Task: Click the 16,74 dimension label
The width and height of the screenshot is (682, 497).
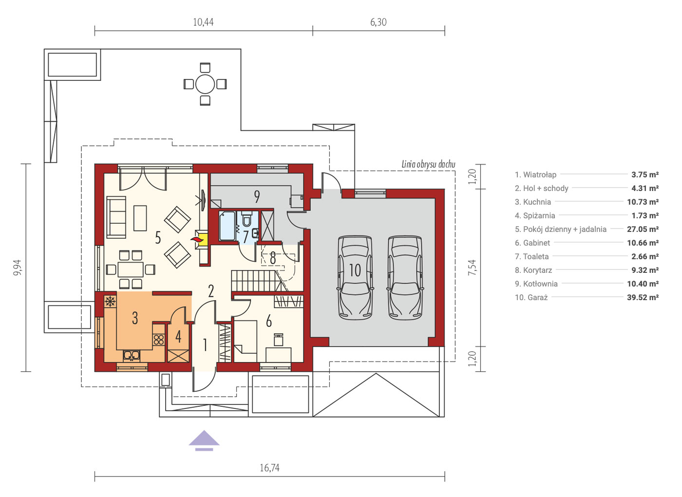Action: pos(269,467)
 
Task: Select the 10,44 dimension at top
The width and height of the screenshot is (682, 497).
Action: pos(203,22)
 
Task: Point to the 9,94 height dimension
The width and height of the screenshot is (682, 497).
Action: pos(18,268)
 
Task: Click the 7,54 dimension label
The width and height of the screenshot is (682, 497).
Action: pos(472,268)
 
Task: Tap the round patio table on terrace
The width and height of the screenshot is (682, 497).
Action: pos(205,84)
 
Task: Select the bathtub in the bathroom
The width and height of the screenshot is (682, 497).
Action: pos(227,226)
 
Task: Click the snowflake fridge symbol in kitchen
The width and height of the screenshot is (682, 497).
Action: pos(110,302)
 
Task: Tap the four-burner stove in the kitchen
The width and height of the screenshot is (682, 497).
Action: pos(159,340)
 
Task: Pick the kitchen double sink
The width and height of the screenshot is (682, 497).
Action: pos(132,355)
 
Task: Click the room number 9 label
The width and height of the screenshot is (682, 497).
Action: pos(257,197)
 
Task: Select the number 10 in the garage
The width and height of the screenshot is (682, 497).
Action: pos(355,270)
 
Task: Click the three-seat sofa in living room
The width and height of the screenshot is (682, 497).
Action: pos(116,217)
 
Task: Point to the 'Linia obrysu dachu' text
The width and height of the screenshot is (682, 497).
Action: pos(428,165)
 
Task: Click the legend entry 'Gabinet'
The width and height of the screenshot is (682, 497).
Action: pos(532,243)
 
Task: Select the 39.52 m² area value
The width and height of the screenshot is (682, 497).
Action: pos(643,297)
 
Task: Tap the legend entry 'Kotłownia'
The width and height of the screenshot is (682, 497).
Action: pos(536,284)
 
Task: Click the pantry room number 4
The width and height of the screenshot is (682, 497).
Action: pos(178,337)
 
